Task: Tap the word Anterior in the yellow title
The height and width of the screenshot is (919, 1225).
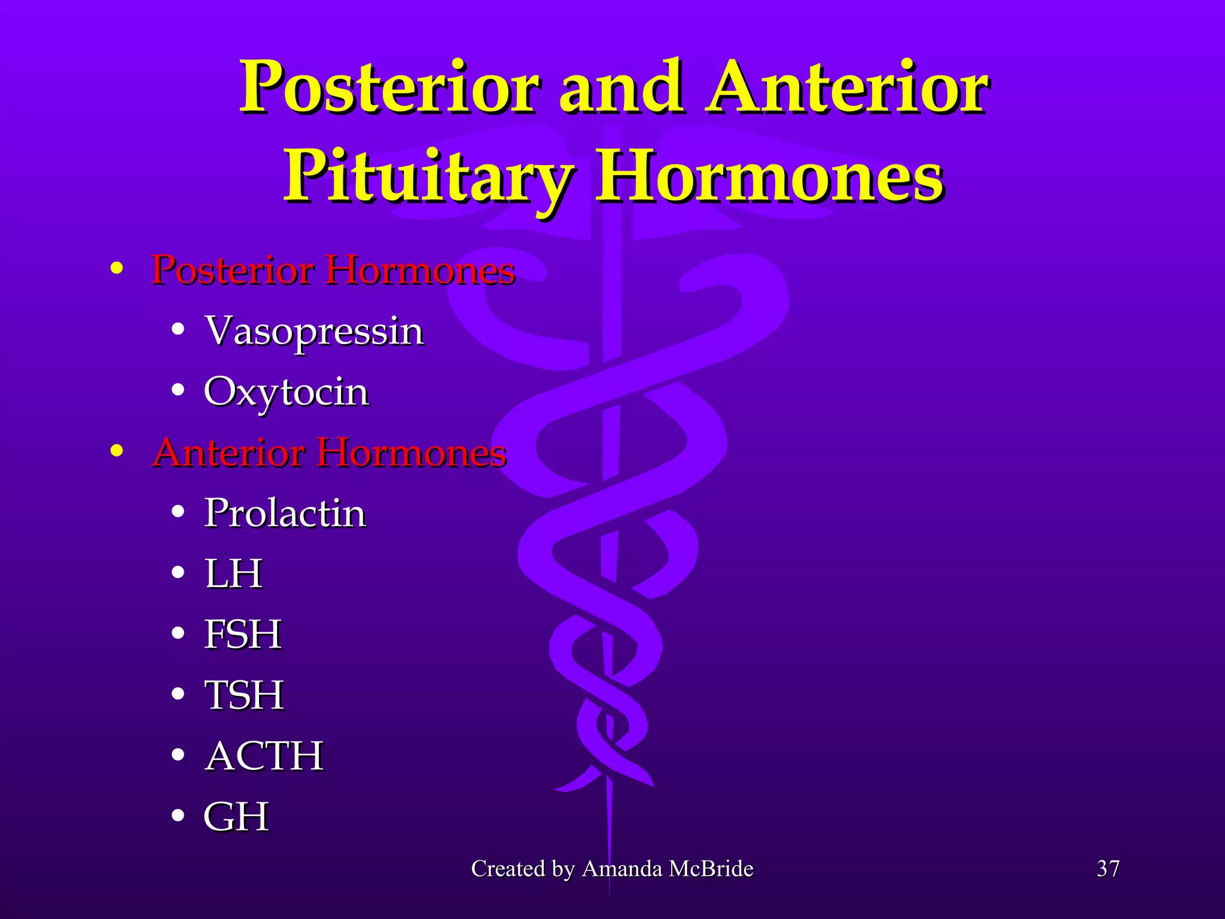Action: pos(846,87)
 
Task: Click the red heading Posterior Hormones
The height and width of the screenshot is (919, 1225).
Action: pos(333,270)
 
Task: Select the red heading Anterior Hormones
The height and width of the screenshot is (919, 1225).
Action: pos(330,452)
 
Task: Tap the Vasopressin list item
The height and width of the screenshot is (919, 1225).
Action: pos(314,331)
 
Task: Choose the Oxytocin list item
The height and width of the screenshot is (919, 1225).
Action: pos(286,392)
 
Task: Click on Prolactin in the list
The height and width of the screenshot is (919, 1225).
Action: pos(285,513)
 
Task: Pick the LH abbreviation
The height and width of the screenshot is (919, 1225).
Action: pos(233,574)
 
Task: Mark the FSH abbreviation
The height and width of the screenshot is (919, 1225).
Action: pos(242,634)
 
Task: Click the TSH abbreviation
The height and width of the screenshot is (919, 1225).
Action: pos(243,695)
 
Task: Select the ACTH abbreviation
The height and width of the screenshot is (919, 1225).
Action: pos(264,756)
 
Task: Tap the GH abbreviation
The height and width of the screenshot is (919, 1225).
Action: pos(236,817)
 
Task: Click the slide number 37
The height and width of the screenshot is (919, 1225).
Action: pos(1108,869)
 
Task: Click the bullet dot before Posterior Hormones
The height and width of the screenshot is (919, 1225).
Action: pos(117,269)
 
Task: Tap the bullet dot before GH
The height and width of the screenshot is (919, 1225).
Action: pos(178,816)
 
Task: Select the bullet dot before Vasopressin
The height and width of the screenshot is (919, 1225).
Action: pos(178,330)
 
